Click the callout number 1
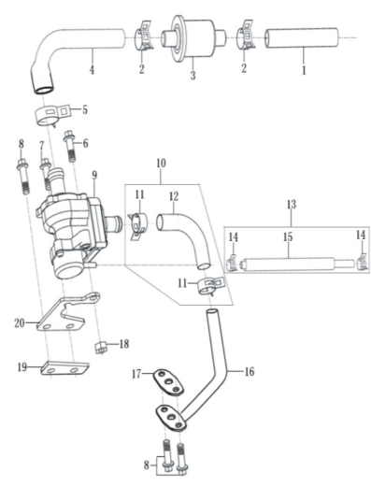click(x=304, y=70)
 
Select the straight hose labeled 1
click(x=302, y=38)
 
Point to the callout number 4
click(x=92, y=69)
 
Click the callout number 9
click(x=94, y=175)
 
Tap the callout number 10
click(x=161, y=164)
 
